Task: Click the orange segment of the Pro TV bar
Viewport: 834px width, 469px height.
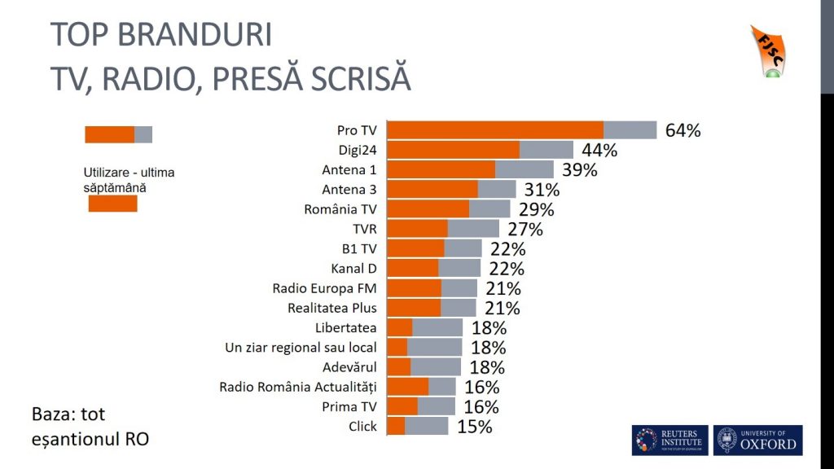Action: pyautogui.click(x=494, y=130)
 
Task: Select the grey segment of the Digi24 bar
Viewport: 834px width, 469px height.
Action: pyautogui.click(x=546, y=150)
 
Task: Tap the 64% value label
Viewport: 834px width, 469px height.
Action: pyautogui.click(x=683, y=131)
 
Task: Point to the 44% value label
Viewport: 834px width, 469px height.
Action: pyautogui.click(x=599, y=151)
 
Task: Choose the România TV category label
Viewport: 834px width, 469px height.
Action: pyautogui.click(x=340, y=209)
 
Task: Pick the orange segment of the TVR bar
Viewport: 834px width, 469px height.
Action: pyautogui.click(x=417, y=229)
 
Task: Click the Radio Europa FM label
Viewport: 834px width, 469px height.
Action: pyautogui.click(x=324, y=288)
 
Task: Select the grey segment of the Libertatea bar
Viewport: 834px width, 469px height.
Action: pyautogui.click(x=437, y=327)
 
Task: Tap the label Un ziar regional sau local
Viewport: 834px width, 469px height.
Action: pyautogui.click(x=301, y=348)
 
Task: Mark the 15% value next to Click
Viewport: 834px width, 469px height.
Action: pyautogui.click(x=473, y=427)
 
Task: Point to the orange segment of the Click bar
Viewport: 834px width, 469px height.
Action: pyautogui.click(x=396, y=426)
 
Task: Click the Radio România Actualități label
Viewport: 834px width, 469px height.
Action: pyautogui.click(x=298, y=387)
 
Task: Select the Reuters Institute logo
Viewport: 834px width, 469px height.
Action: pyautogui.click(x=669, y=441)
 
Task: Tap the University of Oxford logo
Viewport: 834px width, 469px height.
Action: pyautogui.click(x=757, y=441)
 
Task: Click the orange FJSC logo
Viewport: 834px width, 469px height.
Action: pyautogui.click(x=766, y=51)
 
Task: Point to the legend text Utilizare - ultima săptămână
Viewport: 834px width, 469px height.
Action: pyautogui.click(x=129, y=180)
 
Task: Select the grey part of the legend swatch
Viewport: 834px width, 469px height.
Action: pyautogui.click(x=143, y=134)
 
